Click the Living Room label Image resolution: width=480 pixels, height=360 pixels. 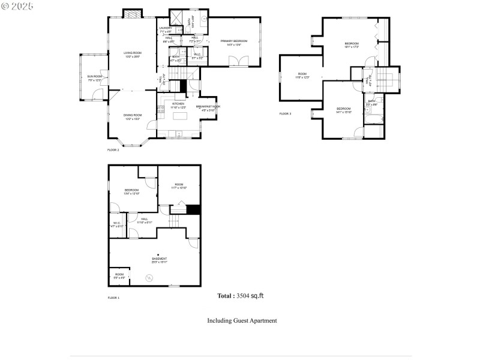(132, 55)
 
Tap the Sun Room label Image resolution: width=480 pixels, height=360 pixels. (95, 78)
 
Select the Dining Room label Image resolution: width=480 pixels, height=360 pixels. (133, 116)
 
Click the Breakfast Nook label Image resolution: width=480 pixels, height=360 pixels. (208, 108)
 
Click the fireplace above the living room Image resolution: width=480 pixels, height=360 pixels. (133, 14)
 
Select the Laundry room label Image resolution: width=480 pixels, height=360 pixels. (166, 29)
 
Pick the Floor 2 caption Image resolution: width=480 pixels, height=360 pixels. (113, 149)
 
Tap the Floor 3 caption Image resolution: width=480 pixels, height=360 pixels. (285, 113)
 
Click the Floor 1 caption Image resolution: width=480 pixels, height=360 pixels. (113, 298)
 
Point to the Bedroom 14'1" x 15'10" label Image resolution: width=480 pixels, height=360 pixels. (344, 109)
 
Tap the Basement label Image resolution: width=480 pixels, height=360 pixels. (159, 260)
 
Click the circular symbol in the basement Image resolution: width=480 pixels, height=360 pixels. (150, 277)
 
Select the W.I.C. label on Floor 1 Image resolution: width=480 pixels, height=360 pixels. (117, 224)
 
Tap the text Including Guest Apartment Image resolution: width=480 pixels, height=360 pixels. (242, 320)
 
